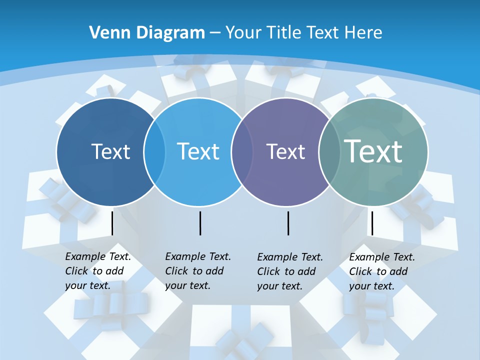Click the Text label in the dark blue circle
pos(110,151)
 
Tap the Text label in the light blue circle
pos(198,151)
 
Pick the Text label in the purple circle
pos(285,151)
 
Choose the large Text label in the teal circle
pos(373,151)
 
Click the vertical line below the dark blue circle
pos(112,223)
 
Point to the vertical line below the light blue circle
pos(200,223)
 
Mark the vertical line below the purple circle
pos(288,223)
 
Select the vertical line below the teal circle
pos(371,223)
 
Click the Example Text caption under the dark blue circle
pos(97,271)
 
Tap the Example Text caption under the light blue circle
pos(197,271)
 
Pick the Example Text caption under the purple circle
pos(289,271)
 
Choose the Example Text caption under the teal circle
pos(381,271)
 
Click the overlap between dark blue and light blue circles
pos(154,152)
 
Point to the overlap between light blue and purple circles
pos(242,152)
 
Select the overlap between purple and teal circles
pos(329,152)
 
